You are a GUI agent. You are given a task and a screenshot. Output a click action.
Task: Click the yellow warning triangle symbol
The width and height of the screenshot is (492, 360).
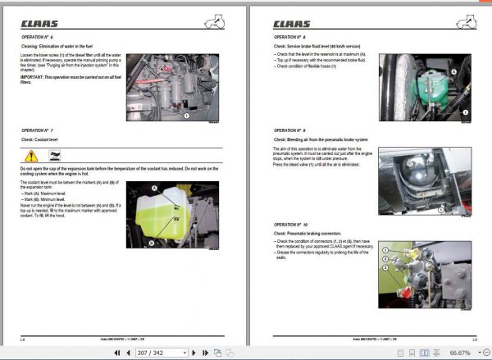30,156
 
